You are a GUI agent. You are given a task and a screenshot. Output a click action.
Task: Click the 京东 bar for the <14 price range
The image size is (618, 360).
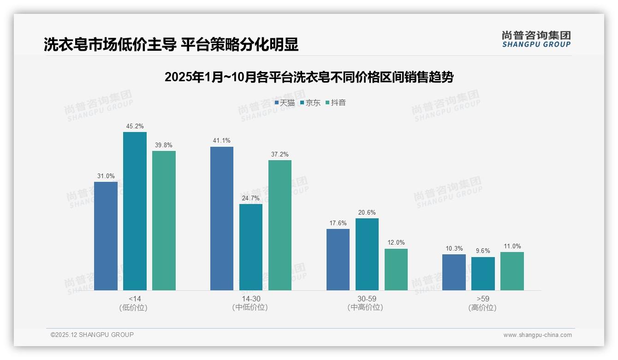(x=135, y=211)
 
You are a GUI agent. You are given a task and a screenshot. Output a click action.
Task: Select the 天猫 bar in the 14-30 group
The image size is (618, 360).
(x=222, y=218)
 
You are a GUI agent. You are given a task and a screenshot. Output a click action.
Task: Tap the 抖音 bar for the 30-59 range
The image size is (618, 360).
(x=396, y=270)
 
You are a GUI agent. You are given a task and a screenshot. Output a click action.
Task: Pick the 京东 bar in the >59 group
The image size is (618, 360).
(x=483, y=274)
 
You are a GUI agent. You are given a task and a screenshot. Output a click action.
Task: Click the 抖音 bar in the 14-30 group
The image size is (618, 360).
(x=280, y=225)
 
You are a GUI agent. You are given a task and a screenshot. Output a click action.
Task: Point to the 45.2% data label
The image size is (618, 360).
(x=135, y=126)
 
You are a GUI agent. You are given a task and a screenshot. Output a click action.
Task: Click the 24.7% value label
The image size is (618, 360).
(x=251, y=198)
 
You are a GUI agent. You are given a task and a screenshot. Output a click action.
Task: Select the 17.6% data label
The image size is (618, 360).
(x=338, y=223)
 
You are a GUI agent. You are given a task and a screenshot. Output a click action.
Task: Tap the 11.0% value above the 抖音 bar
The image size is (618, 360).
(x=512, y=246)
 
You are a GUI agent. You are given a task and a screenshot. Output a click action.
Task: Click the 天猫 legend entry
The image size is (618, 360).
(x=285, y=103)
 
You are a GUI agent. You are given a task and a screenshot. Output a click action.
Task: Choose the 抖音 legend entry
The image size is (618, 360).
(x=336, y=103)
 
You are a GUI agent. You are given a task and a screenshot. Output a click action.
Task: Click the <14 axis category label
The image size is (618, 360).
(x=135, y=299)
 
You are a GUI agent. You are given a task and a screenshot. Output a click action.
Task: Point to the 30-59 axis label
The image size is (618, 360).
(x=367, y=299)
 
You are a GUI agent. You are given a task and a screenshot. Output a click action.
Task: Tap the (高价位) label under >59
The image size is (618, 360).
(x=482, y=308)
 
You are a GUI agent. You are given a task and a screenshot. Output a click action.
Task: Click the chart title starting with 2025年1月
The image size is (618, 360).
(x=309, y=77)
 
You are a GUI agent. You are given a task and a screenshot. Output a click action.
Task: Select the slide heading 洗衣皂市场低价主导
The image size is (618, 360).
(x=171, y=44)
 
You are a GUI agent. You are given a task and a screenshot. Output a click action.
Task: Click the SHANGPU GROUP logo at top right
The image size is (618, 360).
(x=536, y=39)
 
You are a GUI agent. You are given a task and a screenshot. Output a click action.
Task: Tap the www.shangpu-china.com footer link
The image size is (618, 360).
(x=537, y=335)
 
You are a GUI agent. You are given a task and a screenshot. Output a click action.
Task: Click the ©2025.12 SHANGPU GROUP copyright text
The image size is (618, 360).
(x=92, y=335)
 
